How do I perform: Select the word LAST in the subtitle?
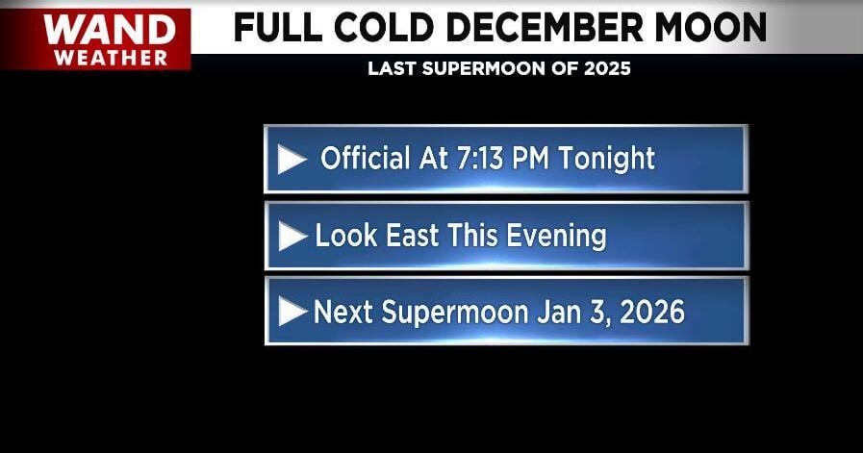(391, 69)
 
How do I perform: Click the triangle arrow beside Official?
(292, 159)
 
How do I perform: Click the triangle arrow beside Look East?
(292, 236)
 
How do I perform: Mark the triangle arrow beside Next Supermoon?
(292, 311)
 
